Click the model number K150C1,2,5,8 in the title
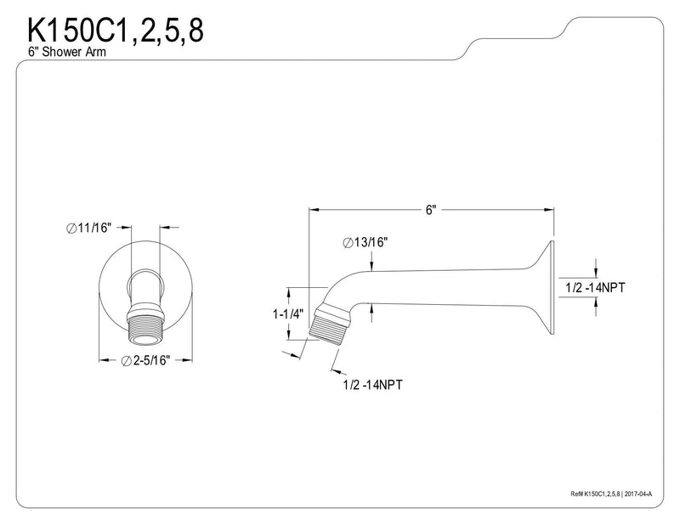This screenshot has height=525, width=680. tap(116, 31)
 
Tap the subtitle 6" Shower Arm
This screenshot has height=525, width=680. tap(67, 52)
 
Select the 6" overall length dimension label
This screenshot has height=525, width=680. tap(430, 211)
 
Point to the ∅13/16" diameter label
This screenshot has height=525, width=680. tap(365, 242)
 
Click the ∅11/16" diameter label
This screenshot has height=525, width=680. tap(89, 228)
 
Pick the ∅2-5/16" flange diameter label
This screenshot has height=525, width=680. tap(145, 360)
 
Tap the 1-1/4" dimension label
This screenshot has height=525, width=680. tap(288, 313)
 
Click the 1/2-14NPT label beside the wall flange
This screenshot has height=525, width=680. tap(595, 287)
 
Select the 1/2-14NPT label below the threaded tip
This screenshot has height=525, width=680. tap(372, 384)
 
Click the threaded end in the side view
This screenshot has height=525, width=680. tap(328, 326)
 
